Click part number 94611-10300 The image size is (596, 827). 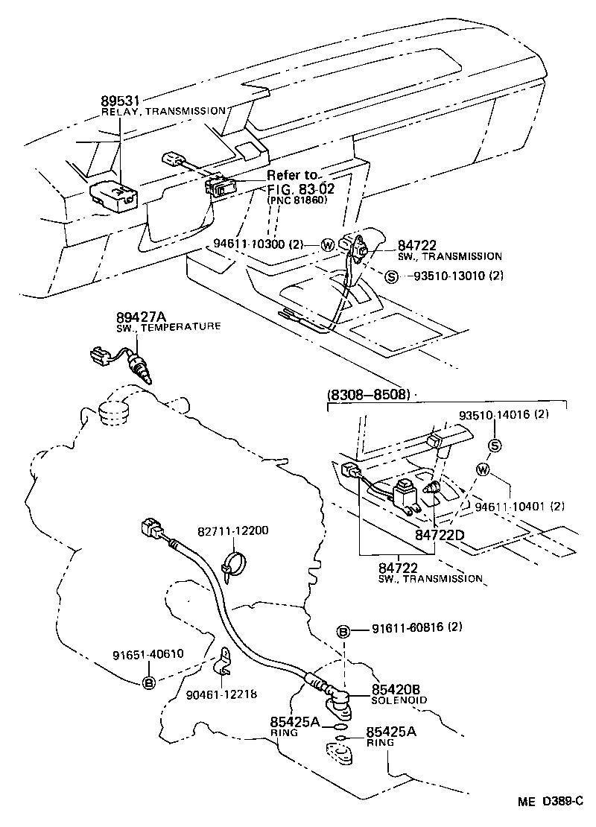coord(250,244)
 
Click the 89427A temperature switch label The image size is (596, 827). coord(139,316)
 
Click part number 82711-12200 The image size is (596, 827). coord(233,530)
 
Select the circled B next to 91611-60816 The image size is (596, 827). coord(344,632)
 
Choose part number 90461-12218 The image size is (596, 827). coord(222,694)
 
